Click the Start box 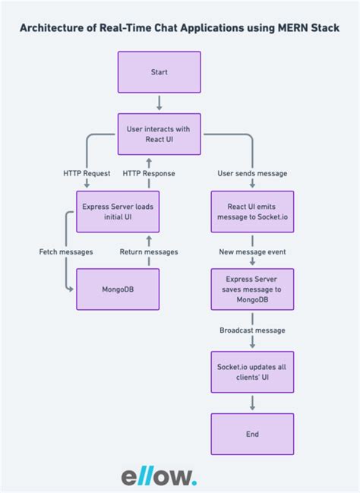[159, 73]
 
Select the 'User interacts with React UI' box [159, 134]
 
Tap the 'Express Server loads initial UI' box [118, 211]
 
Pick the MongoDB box [118, 289]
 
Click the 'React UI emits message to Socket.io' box [252, 211]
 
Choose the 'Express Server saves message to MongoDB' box [252, 289]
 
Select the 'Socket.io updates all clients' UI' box [252, 372]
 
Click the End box [252, 435]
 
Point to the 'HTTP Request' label [87, 173]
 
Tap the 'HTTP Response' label [149, 173]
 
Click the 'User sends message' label [252, 173]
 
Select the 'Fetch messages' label [67, 251]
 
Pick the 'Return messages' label [149, 251]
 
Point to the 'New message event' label [252, 251]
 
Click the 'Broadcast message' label [252, 330]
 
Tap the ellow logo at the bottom [159, 476]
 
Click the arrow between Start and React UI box [159, 103]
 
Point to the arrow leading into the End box [252, 405]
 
